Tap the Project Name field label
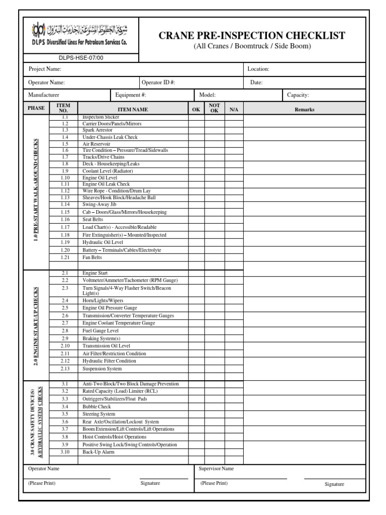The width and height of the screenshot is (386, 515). [45, 69]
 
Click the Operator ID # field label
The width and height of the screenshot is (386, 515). [158, 82]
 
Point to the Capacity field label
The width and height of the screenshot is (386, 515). [298, 95]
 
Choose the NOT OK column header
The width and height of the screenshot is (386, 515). [214, 109]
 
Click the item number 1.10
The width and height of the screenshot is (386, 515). [65, 178]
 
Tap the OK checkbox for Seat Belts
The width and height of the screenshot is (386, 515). [196, 220]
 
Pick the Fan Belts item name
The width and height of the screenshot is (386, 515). [92, 257]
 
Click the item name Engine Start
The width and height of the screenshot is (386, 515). [95, 273]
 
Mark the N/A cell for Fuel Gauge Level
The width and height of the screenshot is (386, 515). [233, 331]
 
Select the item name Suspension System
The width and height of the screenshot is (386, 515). [102, 369]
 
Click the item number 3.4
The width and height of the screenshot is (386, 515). [65, 406]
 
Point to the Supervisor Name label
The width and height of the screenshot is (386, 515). [216, 469]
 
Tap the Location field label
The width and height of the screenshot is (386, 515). [258, 69]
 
